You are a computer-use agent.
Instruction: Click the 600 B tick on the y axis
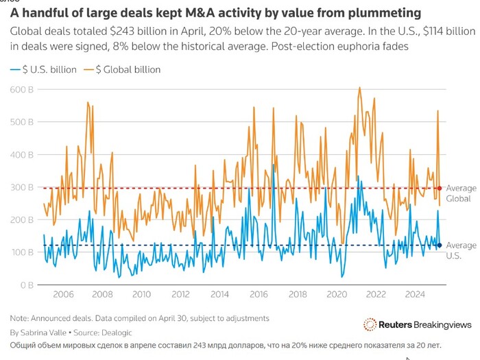(24, 89)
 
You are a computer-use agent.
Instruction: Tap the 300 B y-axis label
(24, 187)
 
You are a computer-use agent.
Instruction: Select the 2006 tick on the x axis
(63, 295)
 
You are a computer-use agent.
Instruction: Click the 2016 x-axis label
(259, 295)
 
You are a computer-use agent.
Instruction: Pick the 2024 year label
(415, 295)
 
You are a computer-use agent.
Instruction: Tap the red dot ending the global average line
(440, 188)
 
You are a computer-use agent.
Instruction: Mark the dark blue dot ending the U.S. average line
(440, 245)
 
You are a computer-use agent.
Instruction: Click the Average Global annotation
(461, 193)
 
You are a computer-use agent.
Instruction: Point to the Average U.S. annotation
(461, 250)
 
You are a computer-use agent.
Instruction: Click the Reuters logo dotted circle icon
(370, 324)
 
